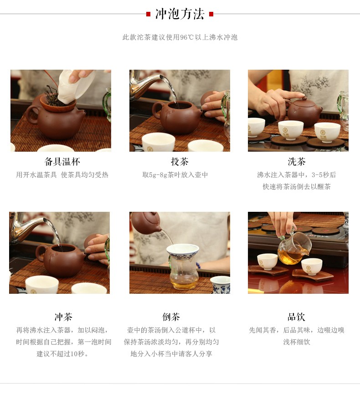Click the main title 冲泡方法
(180, 14)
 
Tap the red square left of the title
(148, 14)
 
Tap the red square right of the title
(211, 14)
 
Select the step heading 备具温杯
(62, 162)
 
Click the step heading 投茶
(180, 162)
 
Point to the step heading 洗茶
(297, 162)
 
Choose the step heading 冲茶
(63, 317)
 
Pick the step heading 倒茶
(171, 317)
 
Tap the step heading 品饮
(296, 317)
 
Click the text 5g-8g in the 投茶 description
(158, 175)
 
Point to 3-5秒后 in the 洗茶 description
(324, 175)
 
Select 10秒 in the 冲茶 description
(77, 354)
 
